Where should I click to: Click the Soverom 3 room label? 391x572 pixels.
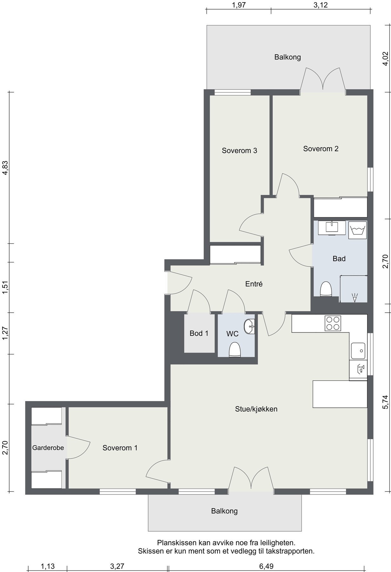coord(239,151)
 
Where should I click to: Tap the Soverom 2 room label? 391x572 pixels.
coord(321,149)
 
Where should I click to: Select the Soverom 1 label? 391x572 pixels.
coord(120,448)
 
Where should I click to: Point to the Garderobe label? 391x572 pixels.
coord(48,448)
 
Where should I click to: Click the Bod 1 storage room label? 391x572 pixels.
coord(199,333)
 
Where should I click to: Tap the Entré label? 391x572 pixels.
coord(254,284)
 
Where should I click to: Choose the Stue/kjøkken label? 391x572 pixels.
coord(256,409)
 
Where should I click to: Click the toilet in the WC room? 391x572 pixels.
coord(235,350)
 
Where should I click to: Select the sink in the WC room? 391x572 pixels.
coord(249,327)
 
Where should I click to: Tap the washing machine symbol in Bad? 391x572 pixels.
coord(358,230)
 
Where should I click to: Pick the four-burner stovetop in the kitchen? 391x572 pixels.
coord(333,323)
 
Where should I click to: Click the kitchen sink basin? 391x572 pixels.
coord(358,351)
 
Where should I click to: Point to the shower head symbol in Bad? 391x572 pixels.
coord(355,297)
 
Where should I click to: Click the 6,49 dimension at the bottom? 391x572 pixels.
coord(266,566)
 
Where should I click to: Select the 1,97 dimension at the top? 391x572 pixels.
coord(239,5)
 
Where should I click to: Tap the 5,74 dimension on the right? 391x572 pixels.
coord(385,402)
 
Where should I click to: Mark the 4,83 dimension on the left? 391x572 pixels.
coord(5,168)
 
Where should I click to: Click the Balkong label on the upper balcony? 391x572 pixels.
coord(288,57)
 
